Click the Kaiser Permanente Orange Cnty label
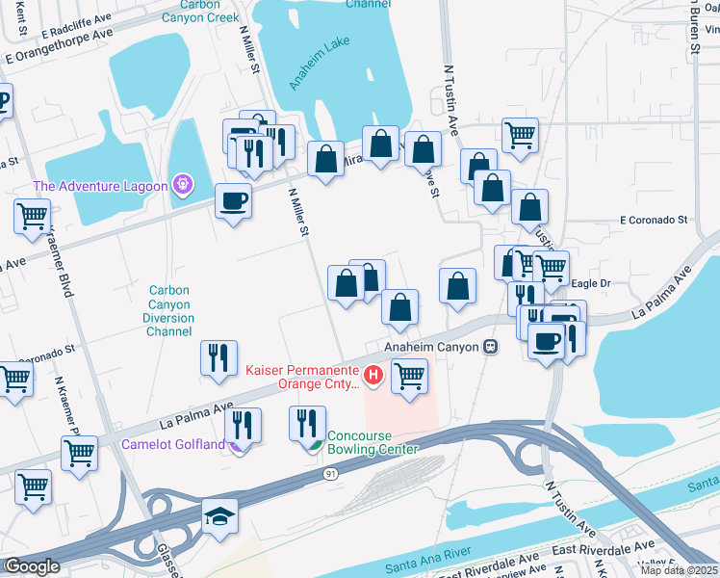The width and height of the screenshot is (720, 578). click(x=302, y=377)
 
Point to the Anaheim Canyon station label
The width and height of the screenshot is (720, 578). click(x=430, y=347)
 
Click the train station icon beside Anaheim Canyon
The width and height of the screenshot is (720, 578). click(x=490, y=347)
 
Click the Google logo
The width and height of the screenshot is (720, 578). click(x=31, y=566)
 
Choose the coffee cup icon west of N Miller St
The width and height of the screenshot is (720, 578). click(x=233, y=200)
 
